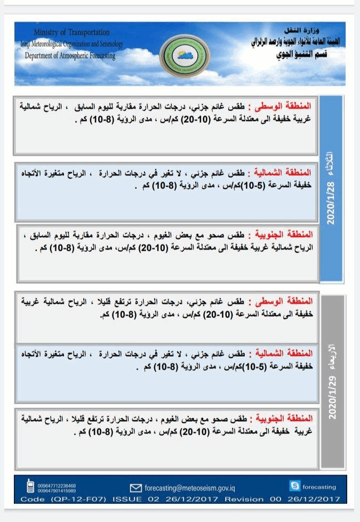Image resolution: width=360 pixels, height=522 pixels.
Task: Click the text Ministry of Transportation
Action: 71,33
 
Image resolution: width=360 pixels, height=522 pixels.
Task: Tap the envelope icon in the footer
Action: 135,487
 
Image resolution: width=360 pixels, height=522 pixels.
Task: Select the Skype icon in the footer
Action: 294,486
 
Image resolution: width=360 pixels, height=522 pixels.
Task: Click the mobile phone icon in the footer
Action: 30,486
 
